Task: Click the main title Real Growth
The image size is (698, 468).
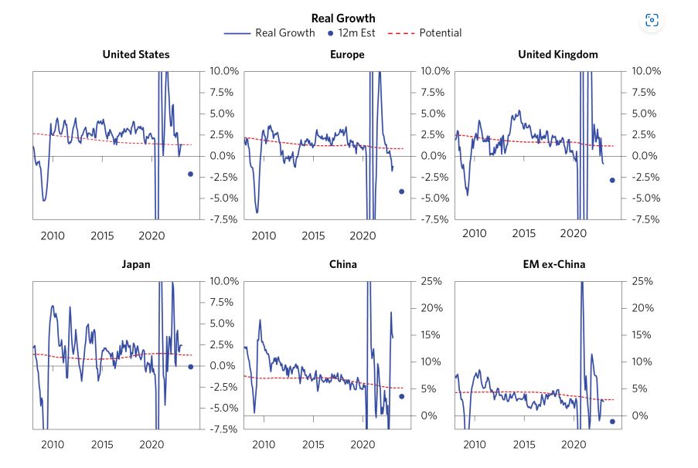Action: point(342,18)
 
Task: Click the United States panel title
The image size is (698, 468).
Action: point(136,54)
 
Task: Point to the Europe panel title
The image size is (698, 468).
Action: point(348,54)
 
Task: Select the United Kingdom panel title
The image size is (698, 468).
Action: point(557,54)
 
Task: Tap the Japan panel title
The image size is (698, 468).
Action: point(136,264)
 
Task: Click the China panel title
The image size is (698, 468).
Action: point(347,264)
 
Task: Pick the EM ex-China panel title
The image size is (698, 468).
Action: point(557,264)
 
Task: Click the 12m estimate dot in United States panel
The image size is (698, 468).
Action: point(190,175)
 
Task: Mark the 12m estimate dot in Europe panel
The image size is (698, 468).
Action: point(401,192)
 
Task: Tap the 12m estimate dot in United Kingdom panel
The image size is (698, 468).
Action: point(612,180)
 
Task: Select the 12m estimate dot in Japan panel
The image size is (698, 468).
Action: point(190,367)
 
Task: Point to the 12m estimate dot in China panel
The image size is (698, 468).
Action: point(401,396)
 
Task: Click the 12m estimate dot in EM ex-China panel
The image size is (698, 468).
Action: point(612,421)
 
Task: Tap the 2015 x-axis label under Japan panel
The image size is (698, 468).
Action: point(102,446)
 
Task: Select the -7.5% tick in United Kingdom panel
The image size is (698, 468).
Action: point(645,219)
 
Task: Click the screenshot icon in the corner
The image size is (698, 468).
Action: point(652,21)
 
